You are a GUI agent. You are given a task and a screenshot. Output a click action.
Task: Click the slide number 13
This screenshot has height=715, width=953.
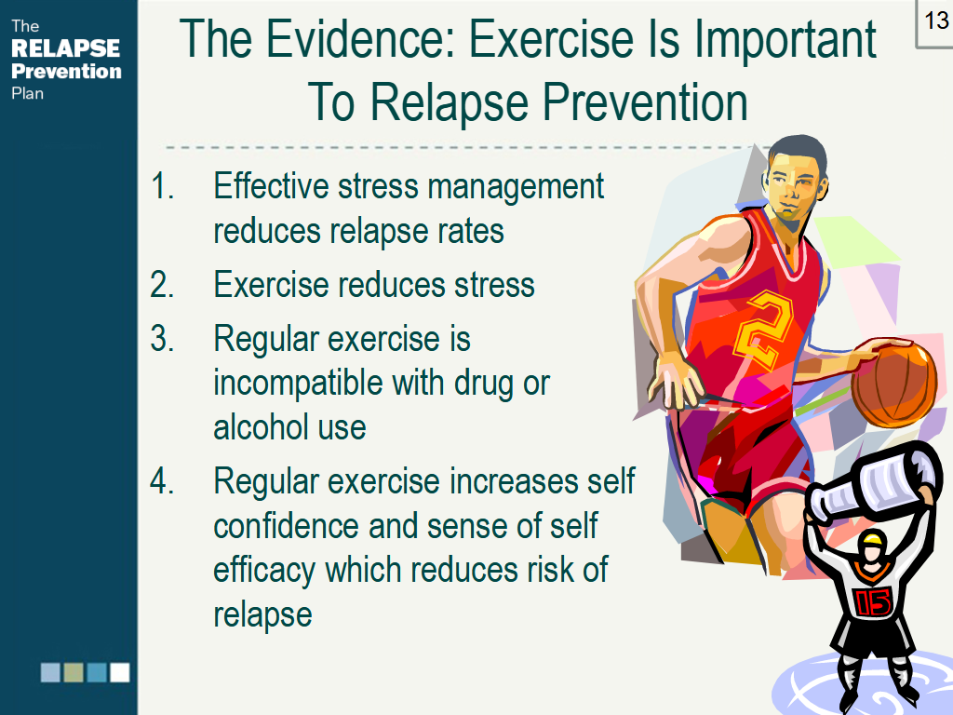pyautogui.click(x=936, y=20)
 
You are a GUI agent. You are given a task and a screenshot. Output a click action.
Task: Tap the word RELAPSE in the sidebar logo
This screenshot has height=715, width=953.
pyautogui.click(x=66, y=48)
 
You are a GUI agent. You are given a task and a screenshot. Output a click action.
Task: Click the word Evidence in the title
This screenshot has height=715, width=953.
pyautogui.click(x=361, y=39)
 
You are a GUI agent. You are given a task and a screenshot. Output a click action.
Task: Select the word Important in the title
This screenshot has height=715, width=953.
pyautogui.click(x=785, y=39)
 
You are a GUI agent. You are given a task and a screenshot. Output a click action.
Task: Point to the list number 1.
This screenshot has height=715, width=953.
pyautogui.click(x=162, y=185)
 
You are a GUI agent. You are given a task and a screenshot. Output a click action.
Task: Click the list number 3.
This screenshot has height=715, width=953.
pyautogui.click(x=162, y=338)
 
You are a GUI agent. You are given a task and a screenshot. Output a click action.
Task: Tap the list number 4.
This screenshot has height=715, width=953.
pyautogui.click(x=162, y=481)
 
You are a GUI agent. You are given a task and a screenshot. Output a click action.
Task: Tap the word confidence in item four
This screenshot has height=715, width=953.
pyautogui.click(x=287, y=526)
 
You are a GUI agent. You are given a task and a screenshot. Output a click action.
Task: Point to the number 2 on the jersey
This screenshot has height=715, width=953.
pyautogui.click(x=765, y=331)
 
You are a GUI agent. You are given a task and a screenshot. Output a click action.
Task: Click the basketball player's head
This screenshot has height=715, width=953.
pyautogui.click(x=796, y=181)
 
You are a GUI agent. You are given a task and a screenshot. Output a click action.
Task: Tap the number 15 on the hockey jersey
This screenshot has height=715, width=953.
pyautogui.click(x=873, y=602)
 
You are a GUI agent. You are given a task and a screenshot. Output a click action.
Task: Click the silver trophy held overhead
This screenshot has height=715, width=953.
pyautogui.click(x=873, y=484)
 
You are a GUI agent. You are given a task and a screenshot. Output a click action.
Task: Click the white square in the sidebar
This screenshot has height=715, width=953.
pyautogui.click(x=120, y=672)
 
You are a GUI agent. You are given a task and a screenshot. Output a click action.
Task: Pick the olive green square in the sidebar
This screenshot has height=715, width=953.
pyautogui.click(x=74, y=672)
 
